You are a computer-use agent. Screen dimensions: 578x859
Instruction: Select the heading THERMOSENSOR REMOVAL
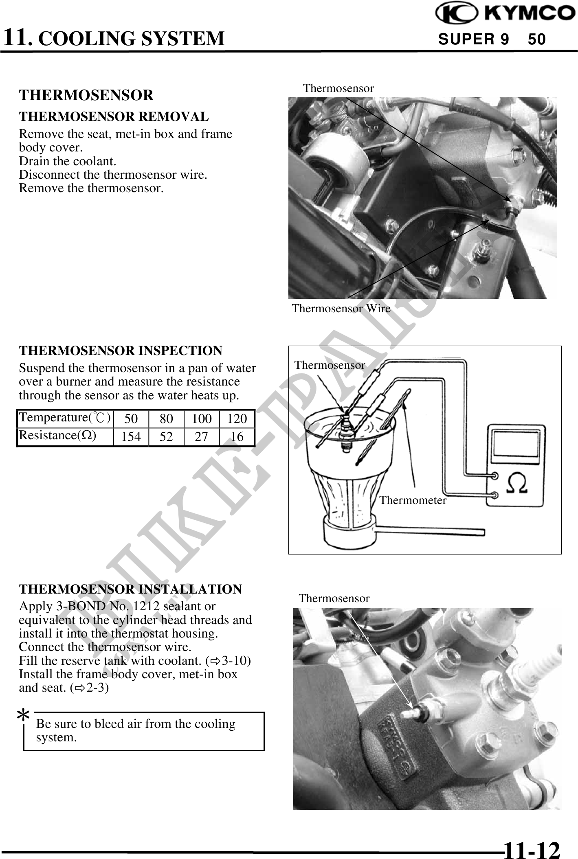click(114, 116)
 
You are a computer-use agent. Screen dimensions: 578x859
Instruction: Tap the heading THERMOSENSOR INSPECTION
click(121, 350)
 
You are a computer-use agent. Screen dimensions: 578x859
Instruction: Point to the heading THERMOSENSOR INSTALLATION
click(130, 589)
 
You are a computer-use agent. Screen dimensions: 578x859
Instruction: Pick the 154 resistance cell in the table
click(131, 437)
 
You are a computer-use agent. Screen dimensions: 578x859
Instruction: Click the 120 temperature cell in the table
click(237, 419)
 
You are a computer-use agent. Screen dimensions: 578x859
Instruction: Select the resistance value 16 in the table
click(237, 437)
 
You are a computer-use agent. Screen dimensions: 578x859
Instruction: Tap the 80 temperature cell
click(166, 419)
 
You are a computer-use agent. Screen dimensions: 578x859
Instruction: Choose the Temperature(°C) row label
click(65, 418)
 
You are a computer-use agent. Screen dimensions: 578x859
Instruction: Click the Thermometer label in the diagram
click(413, 500)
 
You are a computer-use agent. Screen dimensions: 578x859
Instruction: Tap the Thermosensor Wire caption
click(341, 308)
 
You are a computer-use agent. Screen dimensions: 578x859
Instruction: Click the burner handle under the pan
click(430, 531)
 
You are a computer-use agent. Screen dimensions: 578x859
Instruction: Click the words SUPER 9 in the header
click(473, 39)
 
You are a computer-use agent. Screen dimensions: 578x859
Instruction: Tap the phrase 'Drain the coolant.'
click(68, 161)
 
